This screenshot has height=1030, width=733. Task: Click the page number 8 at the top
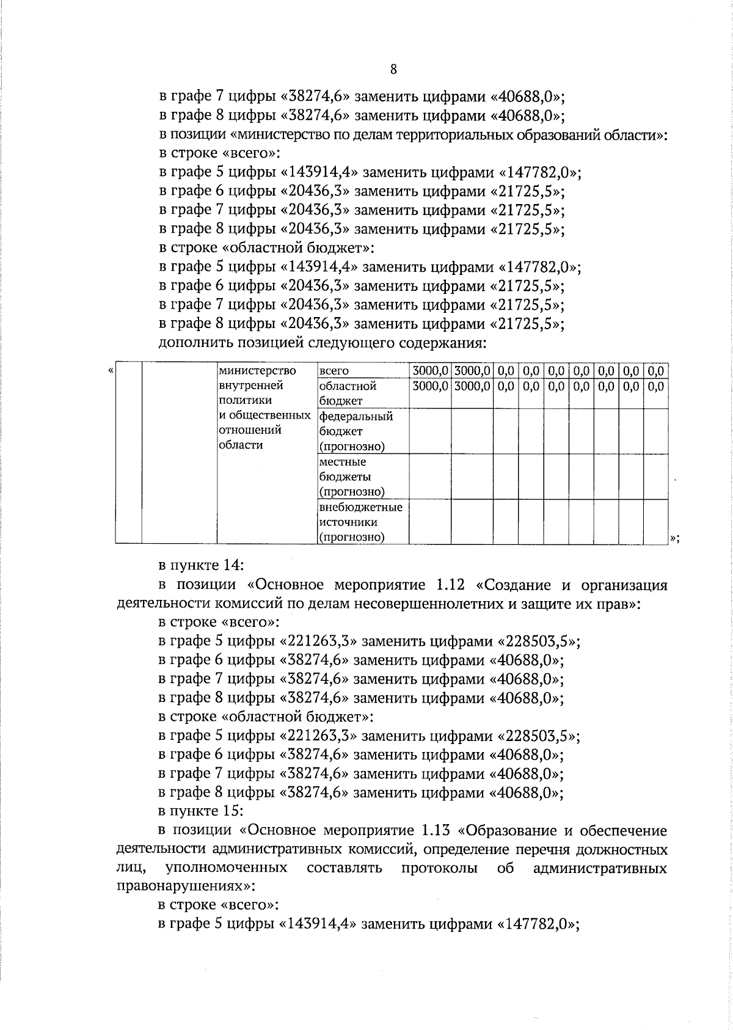pos(393,70)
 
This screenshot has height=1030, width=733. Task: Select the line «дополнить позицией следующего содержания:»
pos(322,343)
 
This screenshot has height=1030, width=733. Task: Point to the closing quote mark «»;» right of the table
pos(674,538)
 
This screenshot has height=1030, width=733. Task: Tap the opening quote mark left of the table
pos(111,370)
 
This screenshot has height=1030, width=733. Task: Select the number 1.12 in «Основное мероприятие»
pos(451,585)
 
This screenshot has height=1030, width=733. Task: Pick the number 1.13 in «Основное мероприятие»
pos(436,830)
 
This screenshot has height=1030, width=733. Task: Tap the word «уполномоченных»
pos(227,868)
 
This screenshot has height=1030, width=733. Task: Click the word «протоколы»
pos(440,868)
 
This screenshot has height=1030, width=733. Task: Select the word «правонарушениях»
pos(182,886)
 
